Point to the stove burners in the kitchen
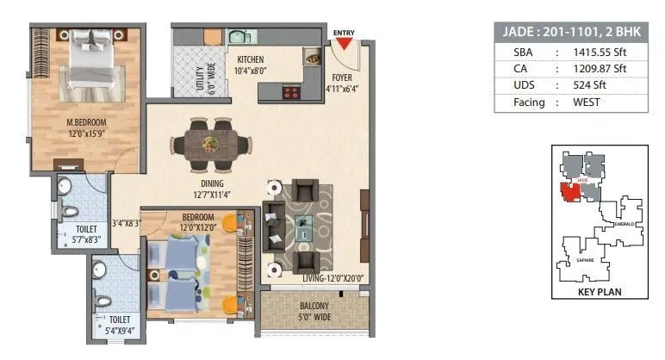coord(291,90)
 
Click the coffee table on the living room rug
coord(303,228)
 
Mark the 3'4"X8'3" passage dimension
coord(126,222)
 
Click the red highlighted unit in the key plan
coord(569,191)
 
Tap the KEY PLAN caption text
coord(600,292)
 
